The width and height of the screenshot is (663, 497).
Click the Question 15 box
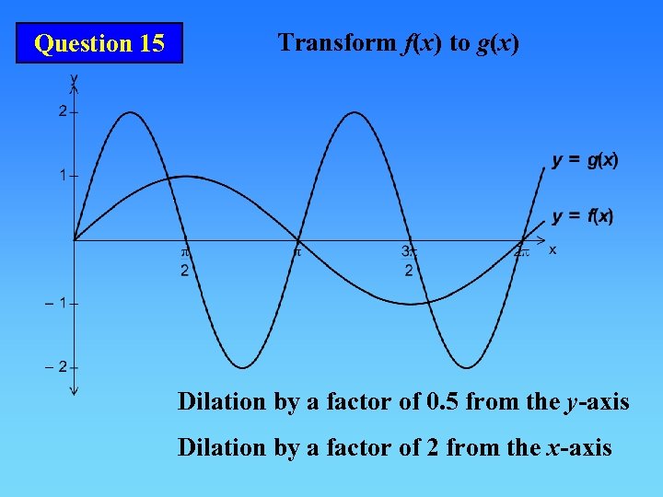(99, 43)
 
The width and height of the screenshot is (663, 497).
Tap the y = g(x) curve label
(586, 160)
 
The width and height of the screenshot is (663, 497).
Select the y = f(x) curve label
(583, 216)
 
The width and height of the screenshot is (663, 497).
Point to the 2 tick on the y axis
(62, 111)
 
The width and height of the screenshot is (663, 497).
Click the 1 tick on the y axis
(62, 175)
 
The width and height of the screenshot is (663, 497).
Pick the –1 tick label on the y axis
(57, 303)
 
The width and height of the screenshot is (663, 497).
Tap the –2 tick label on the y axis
(57, 367)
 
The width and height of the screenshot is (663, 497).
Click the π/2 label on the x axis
(184, 260)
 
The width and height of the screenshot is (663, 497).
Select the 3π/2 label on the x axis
(408, 260)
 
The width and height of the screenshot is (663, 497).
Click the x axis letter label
(552, 248)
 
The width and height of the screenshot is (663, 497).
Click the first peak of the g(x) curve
(130, 112)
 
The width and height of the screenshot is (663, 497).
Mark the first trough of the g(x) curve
(242, 367)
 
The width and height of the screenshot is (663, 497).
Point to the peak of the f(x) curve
(186, 176)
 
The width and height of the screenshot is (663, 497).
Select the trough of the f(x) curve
(411, 304)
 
